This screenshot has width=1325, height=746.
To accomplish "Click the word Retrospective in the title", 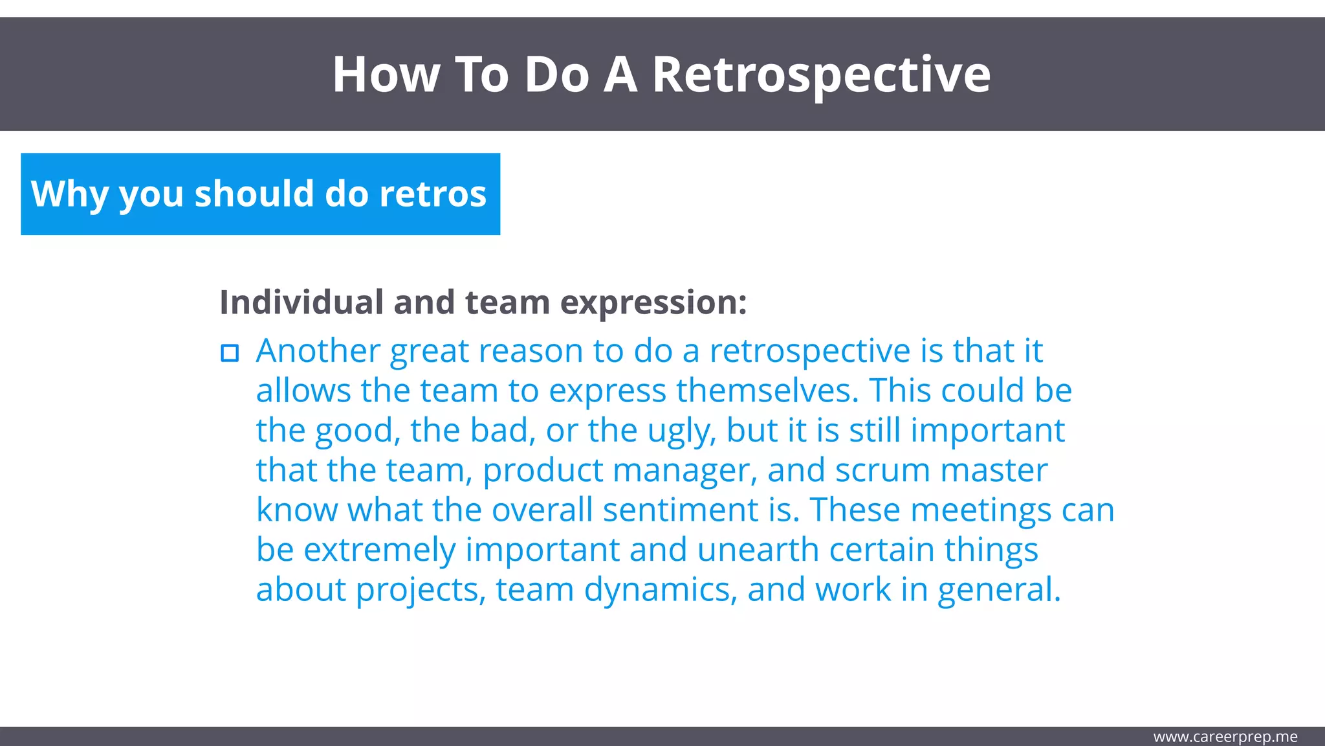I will (x=820, y=75).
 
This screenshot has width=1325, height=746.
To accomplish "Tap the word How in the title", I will (x=386, y=75).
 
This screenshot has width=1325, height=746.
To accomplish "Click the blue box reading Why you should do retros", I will (x=260, y=194).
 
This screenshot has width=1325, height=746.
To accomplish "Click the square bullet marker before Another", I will (x=230, y=353).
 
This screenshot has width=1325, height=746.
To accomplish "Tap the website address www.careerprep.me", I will (x=1225, y=737).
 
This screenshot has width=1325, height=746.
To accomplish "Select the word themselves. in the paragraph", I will (x=767, y=391).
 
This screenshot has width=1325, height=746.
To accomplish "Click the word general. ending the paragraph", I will (x=999, y=591).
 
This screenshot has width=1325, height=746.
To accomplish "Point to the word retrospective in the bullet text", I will (x=810, y=352).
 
